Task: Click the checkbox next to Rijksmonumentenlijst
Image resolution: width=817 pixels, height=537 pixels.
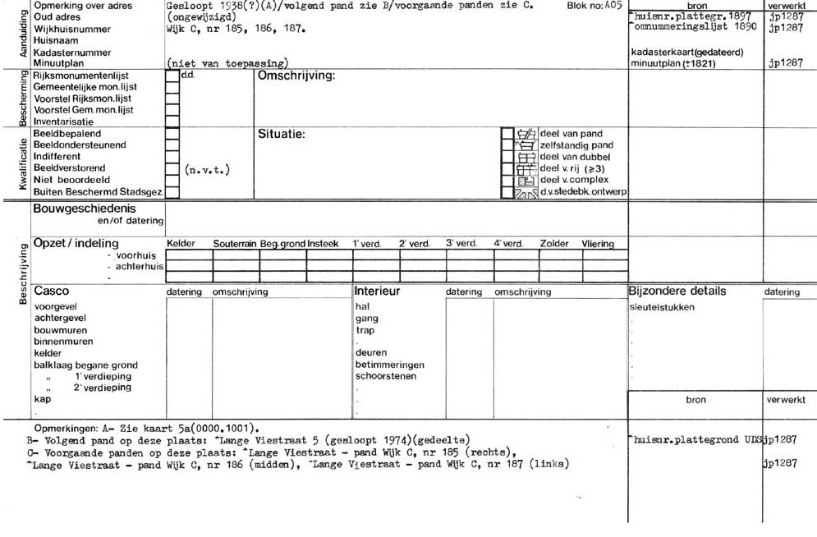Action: tap(172, 75)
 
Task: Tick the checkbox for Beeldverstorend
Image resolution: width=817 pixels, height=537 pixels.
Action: tap(172, 168)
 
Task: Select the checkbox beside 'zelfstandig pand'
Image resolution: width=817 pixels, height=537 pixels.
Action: tap(507, 145)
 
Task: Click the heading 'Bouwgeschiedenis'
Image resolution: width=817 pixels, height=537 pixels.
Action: tap(85, 209)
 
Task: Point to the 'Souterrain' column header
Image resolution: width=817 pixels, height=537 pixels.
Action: tap(236, 244)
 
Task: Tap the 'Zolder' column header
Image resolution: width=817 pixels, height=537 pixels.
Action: tap(554, 244)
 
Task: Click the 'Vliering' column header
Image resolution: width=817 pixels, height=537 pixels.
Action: tap(598, 244)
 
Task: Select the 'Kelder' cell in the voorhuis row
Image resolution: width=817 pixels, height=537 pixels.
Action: tap(189, 255)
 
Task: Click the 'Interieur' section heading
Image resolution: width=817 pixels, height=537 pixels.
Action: tap(377, 291)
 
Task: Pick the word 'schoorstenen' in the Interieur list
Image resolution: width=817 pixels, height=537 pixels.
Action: tap(385, 376)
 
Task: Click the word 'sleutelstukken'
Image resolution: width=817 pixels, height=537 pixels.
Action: tap(662, 307)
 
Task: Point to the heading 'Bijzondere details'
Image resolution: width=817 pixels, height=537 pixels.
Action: tap(677, 291)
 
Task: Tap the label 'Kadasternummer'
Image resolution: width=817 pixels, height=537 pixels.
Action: tap(66, 51)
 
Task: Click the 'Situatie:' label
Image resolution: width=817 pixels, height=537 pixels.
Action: tap(282, 134)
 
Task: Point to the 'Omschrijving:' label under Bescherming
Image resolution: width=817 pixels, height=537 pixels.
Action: tap(296, 76)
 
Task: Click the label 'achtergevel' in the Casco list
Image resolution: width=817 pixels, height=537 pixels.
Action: tap(59, 318)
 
